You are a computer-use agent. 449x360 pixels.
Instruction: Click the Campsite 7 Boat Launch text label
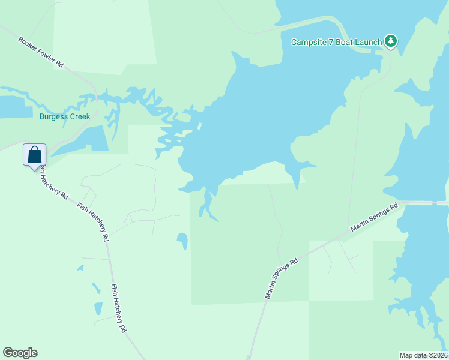tap(336, 42)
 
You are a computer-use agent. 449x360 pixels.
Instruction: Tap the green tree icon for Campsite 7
tap(391, 41)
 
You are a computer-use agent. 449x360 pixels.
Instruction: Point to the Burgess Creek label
tap(65, 116)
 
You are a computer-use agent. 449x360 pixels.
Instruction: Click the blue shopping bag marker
tap(34, 155)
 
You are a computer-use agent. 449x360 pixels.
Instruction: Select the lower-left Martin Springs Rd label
tap(282, 279)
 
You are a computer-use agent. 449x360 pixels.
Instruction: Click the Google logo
tap(20, 353)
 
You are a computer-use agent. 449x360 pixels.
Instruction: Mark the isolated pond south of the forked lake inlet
tap(182, 241)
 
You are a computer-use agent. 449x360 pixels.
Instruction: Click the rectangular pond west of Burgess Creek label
tap(15, 106)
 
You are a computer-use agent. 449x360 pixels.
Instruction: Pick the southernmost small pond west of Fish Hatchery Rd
tap(98, 308)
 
